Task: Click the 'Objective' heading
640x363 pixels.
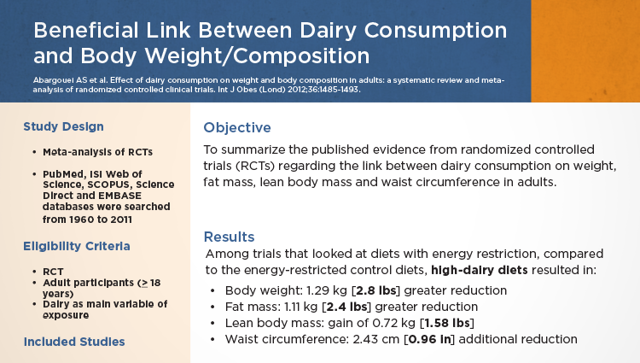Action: (237, 128)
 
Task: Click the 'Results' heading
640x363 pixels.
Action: (229, 237)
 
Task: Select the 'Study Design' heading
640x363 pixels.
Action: (63, 126)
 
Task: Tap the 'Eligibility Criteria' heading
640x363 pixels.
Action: (77, 246)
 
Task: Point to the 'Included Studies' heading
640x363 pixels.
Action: (74, 342)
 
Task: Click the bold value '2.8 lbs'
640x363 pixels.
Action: (376, 290)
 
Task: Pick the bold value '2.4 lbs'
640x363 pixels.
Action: (347, 307)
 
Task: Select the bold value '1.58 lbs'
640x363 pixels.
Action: (447, 323)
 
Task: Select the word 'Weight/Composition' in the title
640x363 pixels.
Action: (225, 56)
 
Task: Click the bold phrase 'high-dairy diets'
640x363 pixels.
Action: (480, 270)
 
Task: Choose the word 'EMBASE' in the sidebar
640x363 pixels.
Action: (120, 196)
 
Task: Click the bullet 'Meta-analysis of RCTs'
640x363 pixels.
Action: (97, 152)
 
